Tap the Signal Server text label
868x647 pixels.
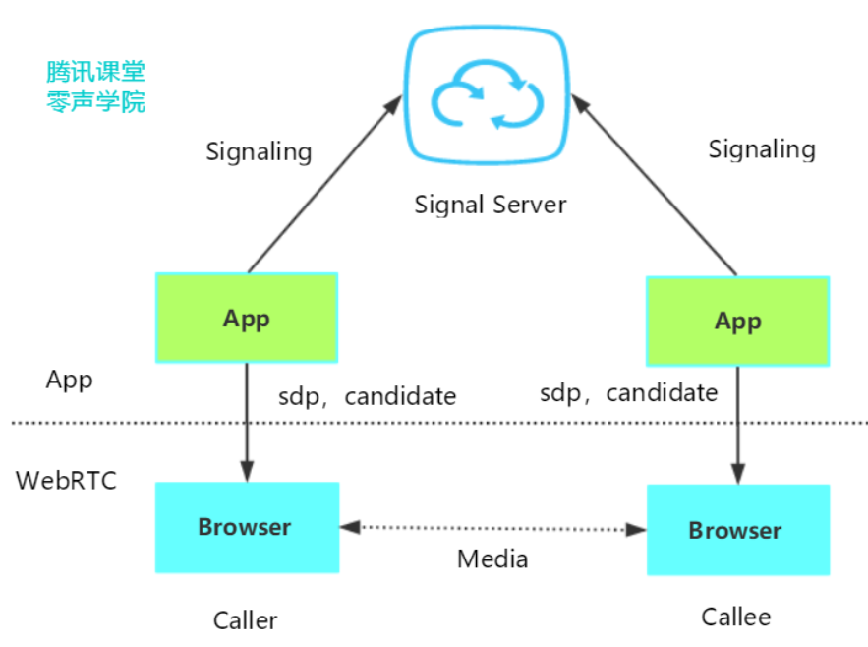[491, 205]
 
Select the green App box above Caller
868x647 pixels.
[247, 318]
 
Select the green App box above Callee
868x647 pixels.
[737, 321]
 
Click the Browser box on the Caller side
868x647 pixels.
[247, 527]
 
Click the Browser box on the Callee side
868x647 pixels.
[737, 530]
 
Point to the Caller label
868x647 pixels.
[246, 620]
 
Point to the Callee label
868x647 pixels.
[736, 617]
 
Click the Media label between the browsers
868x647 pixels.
[492, 559]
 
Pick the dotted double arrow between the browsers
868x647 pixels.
[492, 528]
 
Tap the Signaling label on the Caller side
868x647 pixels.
[259, 151]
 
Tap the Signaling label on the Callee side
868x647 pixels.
[762, 148]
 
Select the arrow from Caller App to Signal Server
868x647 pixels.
[324, 183]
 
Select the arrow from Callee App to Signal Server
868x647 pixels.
[655, 183]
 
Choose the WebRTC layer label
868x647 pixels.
[66, 481]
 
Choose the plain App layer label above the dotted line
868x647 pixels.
[70, 381]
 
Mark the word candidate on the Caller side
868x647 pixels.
[400, 396]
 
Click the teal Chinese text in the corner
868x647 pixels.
[96, 87]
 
